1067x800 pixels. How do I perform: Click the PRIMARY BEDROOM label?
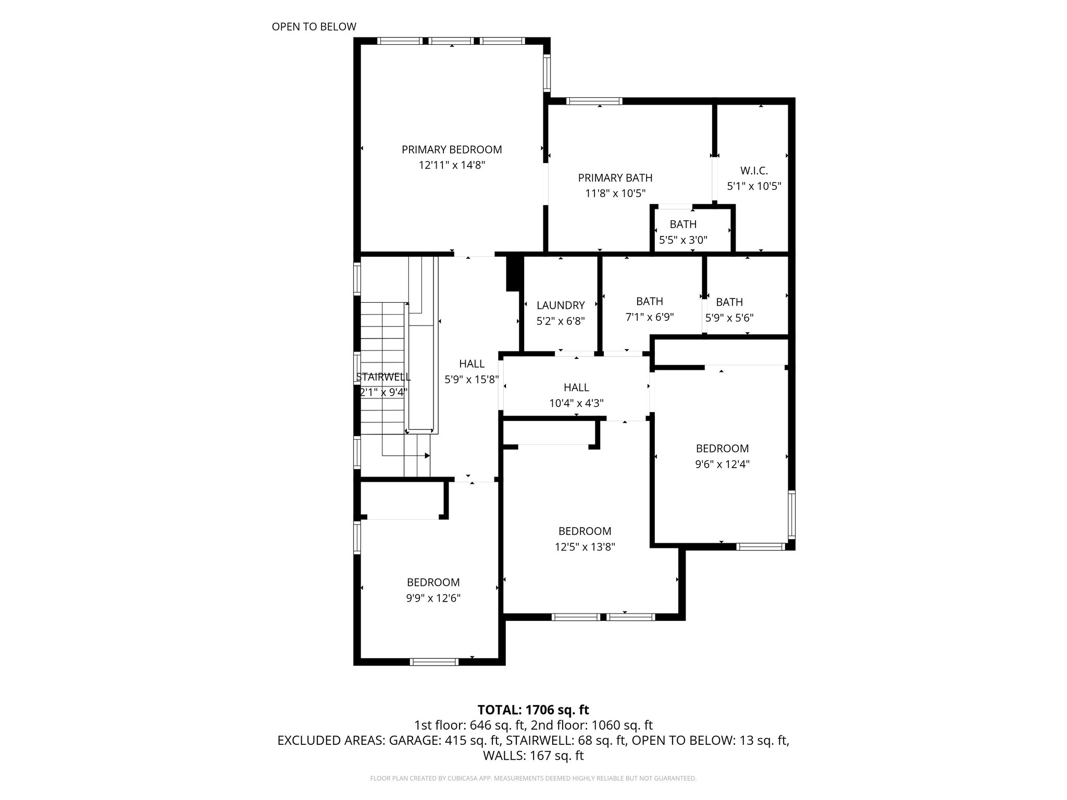(x=452, y=150)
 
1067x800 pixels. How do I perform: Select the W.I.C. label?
(x=754, y=171)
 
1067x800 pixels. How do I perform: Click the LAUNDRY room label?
(x=561, y=306)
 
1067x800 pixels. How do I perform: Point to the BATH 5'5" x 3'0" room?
(x=683, y=232)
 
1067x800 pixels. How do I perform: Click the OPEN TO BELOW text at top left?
(x=314, y=27)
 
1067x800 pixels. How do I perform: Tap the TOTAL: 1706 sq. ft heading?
(x=533, y=710)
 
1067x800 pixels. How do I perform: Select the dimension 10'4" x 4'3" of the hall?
(x=576, y=403)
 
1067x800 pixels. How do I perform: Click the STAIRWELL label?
(x=383, y=378)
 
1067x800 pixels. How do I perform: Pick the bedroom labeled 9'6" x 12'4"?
(x=722, y=464)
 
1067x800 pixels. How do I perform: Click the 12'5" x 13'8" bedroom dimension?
(x=585, y=547)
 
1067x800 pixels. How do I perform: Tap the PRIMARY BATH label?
(x=615, y=178)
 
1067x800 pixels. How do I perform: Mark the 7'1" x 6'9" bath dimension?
(x=650, y=317)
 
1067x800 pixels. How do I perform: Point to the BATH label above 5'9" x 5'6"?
(x=729, y=302)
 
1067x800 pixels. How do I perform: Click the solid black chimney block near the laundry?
(x=514, y=272)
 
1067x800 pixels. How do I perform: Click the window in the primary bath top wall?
(x=594, y=101)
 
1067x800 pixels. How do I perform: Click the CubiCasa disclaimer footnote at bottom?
(x=533, y=779)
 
